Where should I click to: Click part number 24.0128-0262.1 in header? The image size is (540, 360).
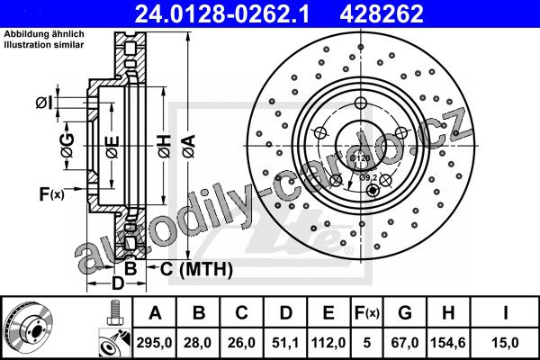click(x=222, y=13)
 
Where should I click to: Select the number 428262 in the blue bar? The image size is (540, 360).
click(x=382, y=13)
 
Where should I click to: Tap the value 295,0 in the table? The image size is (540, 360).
click(x=154, y=343)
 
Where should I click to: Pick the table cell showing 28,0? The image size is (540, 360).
click(x=198, y=343)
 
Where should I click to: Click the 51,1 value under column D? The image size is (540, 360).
click(x=285, y=343)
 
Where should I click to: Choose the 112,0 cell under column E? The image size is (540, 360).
click(x=328, y=343)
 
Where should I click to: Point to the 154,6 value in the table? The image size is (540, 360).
click(x=448, y=343)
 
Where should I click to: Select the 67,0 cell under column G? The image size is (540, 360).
click(x=405, y=343)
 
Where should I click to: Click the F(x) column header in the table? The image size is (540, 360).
click(x=367, y=313)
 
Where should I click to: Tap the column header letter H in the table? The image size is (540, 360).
click(x=448, y=313)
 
